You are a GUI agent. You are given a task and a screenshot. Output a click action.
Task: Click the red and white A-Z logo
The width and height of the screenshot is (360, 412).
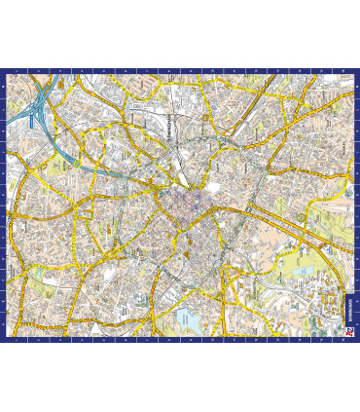(349, 330)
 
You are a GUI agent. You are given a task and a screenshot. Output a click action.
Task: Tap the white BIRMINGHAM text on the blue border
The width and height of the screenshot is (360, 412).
(349, 308)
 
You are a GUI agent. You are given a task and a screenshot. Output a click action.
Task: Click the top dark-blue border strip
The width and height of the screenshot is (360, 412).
(180, 71)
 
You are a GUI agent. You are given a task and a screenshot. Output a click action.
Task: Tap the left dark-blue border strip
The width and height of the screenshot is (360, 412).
(4, 205)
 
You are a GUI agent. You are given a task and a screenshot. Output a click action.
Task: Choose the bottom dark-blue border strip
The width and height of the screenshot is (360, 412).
(180, 339)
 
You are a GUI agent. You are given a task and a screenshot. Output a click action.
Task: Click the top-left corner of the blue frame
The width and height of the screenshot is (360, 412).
(3, 70)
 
